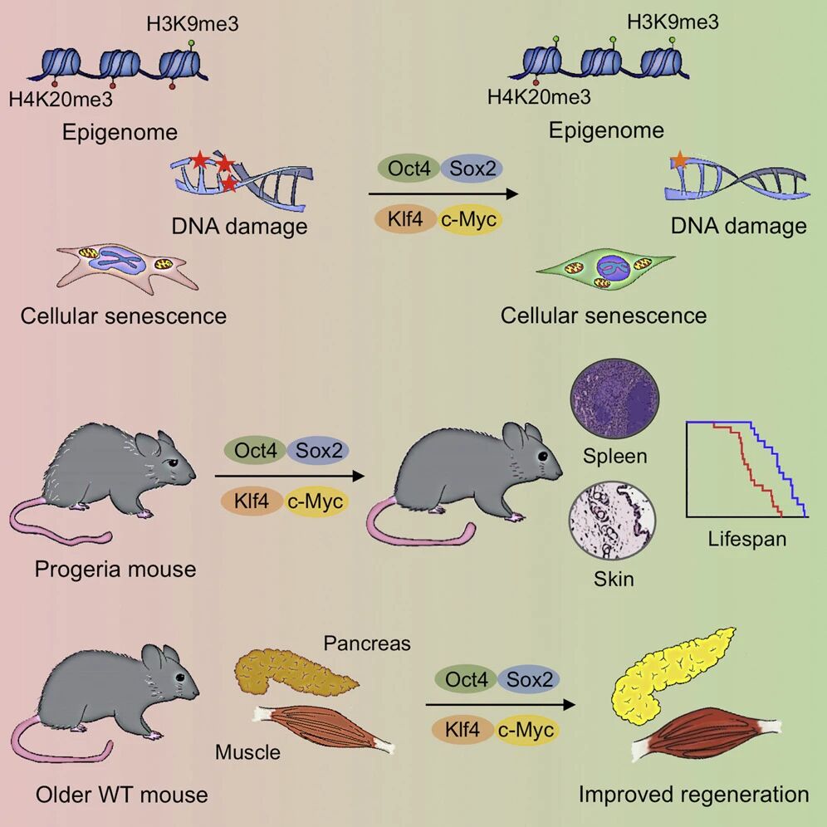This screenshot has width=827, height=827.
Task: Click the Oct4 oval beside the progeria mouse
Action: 255,450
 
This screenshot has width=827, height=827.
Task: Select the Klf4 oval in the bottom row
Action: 462,729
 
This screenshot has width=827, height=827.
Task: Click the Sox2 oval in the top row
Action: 472,169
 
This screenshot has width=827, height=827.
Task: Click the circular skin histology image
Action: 612,520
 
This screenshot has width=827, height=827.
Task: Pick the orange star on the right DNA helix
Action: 680,159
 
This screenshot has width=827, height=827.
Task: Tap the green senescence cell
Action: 605,268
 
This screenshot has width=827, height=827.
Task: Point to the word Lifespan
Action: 746,539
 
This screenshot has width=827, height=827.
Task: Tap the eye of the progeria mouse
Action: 172,462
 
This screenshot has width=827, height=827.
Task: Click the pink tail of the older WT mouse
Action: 58,744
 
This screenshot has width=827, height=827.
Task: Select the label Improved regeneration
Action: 693,795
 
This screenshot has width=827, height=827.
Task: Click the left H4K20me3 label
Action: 61,99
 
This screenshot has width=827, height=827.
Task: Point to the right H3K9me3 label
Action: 673,22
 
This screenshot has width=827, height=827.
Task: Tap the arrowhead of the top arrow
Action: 511,193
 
